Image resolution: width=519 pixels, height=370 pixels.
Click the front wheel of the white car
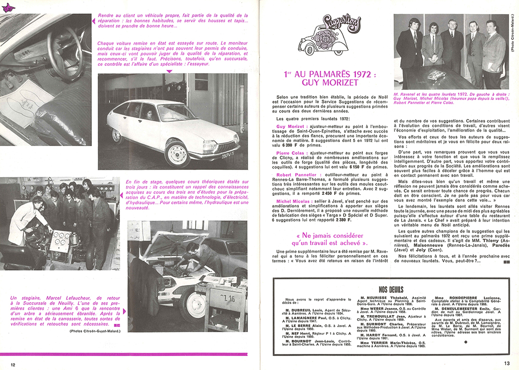click(177, 154)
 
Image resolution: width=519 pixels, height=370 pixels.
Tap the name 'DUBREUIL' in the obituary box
click(293, 309)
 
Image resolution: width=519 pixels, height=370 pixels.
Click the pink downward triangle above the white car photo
click(168, 71)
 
